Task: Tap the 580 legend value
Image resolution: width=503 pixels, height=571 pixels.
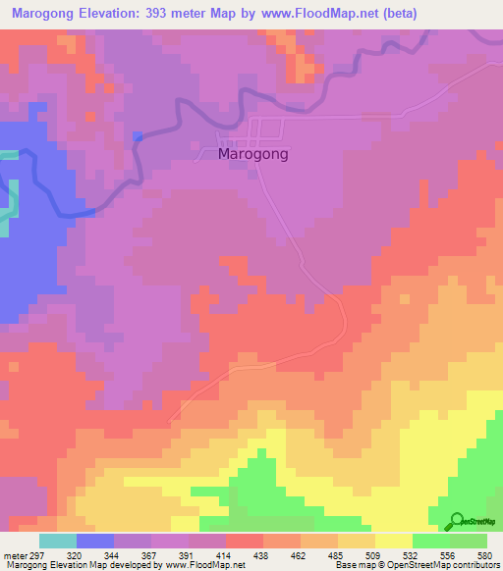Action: (484, 554)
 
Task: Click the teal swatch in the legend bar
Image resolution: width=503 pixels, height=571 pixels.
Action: (58, 541)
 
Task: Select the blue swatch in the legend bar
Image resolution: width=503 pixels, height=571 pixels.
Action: (95, 541)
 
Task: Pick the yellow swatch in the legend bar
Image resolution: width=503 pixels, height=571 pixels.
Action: (394, 541)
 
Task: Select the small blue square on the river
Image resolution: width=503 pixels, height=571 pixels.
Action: (138, 136)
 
